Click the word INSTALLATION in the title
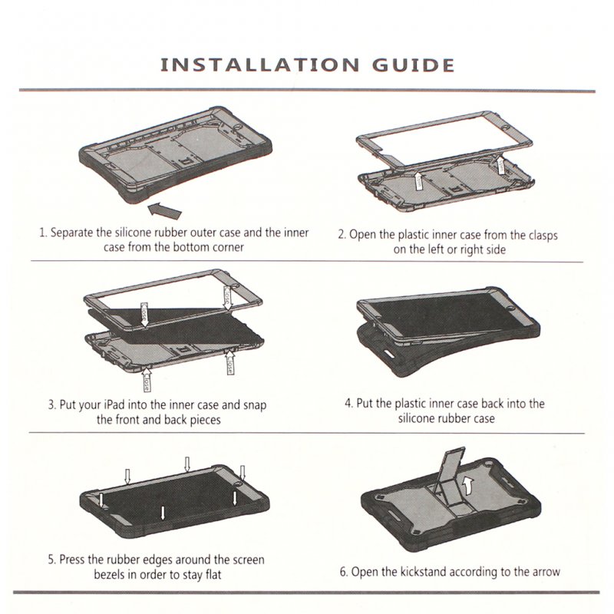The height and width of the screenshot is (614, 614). [x=259, y=65]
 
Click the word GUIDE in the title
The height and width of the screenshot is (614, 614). [x=413, y=65]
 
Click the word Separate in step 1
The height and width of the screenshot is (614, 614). [x=72, y=233]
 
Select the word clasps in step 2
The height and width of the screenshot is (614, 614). [x=543, y=236]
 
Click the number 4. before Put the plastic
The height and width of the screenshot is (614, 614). [x=349, y=404]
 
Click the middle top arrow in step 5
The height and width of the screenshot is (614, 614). [x=187, y=464]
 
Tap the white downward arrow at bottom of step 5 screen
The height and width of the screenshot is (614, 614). [x=163, y=513]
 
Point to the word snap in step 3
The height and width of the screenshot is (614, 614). [x=255, y=405]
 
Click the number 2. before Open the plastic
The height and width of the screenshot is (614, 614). [x=342, y=235]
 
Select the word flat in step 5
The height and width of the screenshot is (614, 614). [x=213, y=574]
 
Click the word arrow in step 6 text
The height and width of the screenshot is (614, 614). [x=546, y=572]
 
